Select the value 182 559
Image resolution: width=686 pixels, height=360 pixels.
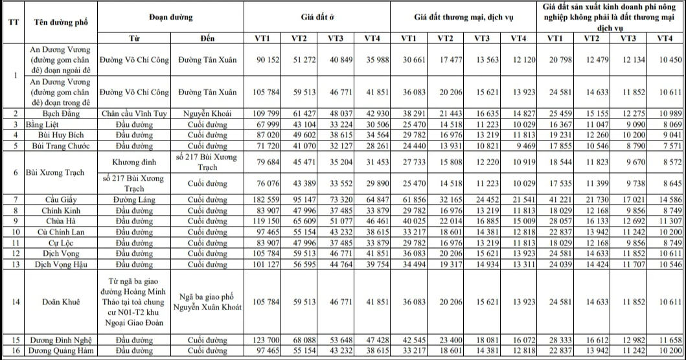(268, 198)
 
